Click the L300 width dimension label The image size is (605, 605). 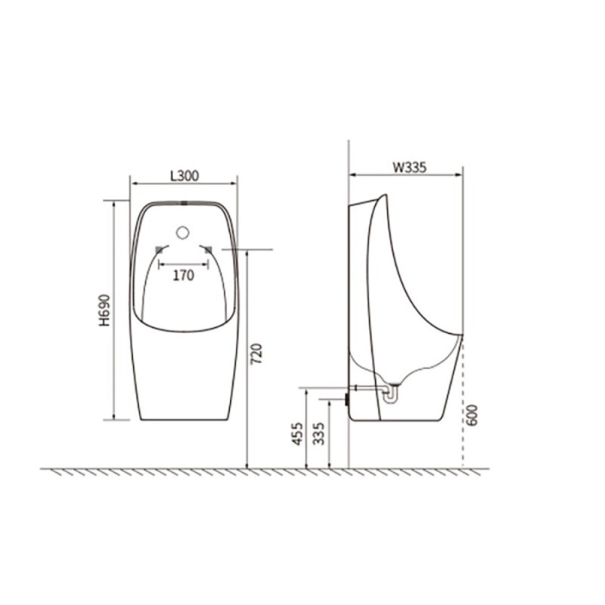point(184,176)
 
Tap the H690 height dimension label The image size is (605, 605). point(105,310)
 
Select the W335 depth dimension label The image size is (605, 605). point(409,167)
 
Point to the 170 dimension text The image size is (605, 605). point(184,275)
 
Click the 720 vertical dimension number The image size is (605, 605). point(256,354)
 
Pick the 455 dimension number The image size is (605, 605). point(296,434)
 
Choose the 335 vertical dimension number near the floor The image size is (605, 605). point(319,434)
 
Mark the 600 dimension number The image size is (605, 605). point(471,415)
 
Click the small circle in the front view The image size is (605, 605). point(182,233)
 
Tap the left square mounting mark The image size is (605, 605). point(159,250)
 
